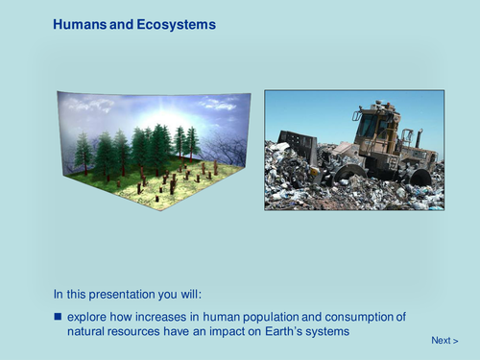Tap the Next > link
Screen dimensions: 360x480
[444, 340]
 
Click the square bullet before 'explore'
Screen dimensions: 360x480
[58, 316]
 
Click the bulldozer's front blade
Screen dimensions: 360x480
[300, 147]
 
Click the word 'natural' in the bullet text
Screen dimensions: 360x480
[88, 330]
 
